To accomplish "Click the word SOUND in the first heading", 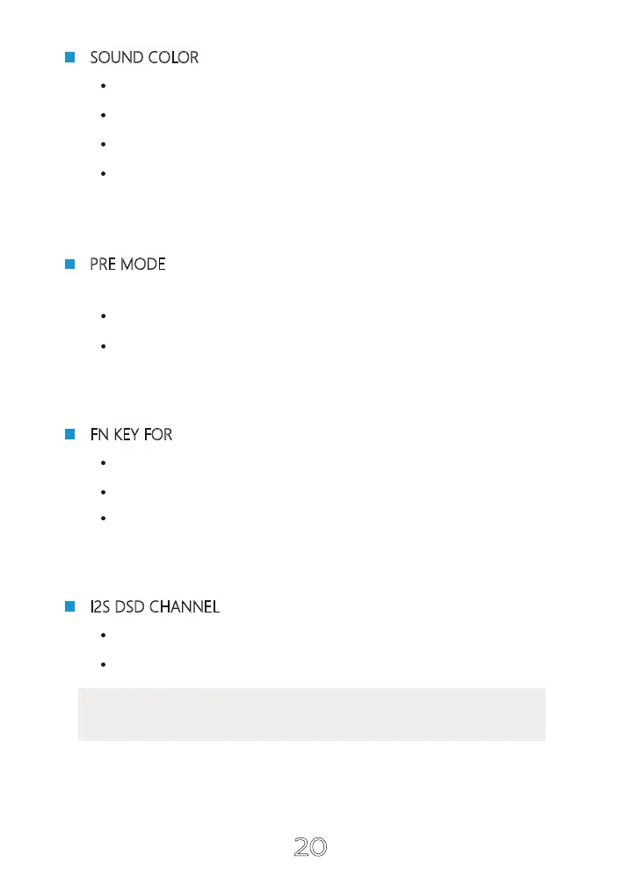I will coord(117,58).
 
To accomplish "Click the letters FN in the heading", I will coord(98,435).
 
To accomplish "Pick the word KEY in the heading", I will coord(126,435).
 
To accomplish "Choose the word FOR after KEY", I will coord(158,435).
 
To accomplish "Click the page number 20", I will coord(310,847).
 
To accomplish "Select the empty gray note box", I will coord(311,714).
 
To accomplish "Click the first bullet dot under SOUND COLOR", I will coord(104,86).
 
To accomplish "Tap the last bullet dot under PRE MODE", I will coord(104,346).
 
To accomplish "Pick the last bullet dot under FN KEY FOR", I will coord(104,518).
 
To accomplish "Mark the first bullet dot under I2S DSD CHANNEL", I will coord(104,634).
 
